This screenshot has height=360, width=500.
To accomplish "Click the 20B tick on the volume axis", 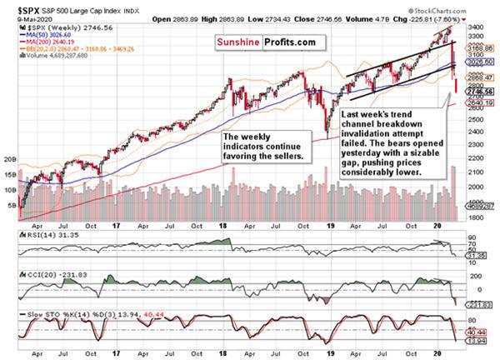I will [12, 157].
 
